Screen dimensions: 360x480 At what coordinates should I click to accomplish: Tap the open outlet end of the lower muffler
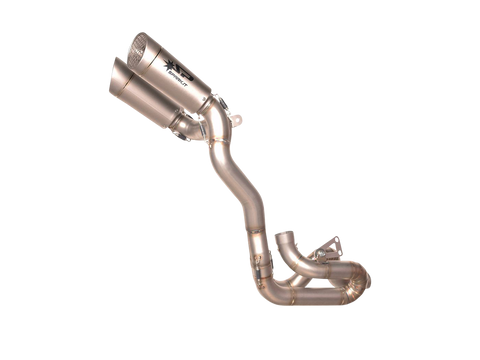coord(118,72)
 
